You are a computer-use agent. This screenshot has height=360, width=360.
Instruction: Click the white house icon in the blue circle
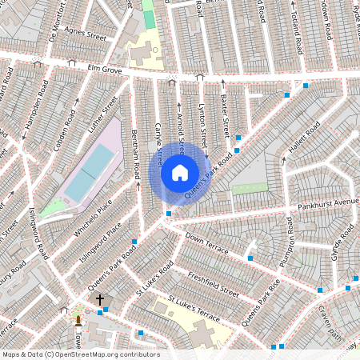180,172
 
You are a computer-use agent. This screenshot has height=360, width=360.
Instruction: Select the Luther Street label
102,117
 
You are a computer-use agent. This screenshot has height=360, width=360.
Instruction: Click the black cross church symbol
100,299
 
